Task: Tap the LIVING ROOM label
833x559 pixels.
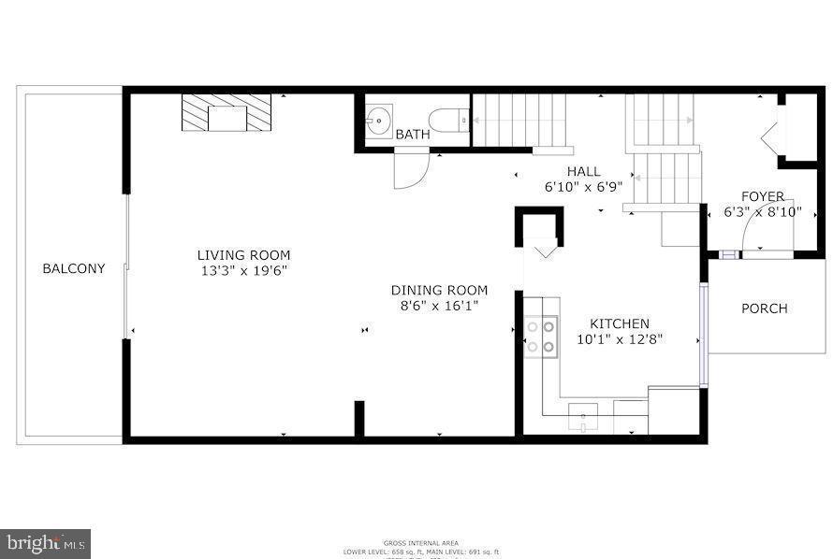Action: click(243, 255)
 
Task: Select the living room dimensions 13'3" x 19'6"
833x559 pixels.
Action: click(243, 271)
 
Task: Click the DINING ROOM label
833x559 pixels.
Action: click(439, 291)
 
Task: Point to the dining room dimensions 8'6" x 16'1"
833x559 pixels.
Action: click(439, 306)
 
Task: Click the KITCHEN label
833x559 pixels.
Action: click(619, 324)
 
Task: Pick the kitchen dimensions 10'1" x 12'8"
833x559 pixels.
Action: click(619, 340)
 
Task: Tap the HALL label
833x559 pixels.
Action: click(583, 171)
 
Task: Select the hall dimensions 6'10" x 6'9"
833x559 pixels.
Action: click(583, 187)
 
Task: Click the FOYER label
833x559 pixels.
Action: click(763, 196)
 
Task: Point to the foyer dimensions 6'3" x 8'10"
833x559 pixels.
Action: click(763, 212)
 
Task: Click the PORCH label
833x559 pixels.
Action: click(765, 308)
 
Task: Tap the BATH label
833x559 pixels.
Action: click(413, 135)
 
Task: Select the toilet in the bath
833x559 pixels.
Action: click(448, 120)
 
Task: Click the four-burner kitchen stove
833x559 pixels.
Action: click(541, 337)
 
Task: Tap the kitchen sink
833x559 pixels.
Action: click(583, 417)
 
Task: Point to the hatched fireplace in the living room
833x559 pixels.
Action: click(227, 113)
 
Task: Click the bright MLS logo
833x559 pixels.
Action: click(45, 542)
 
